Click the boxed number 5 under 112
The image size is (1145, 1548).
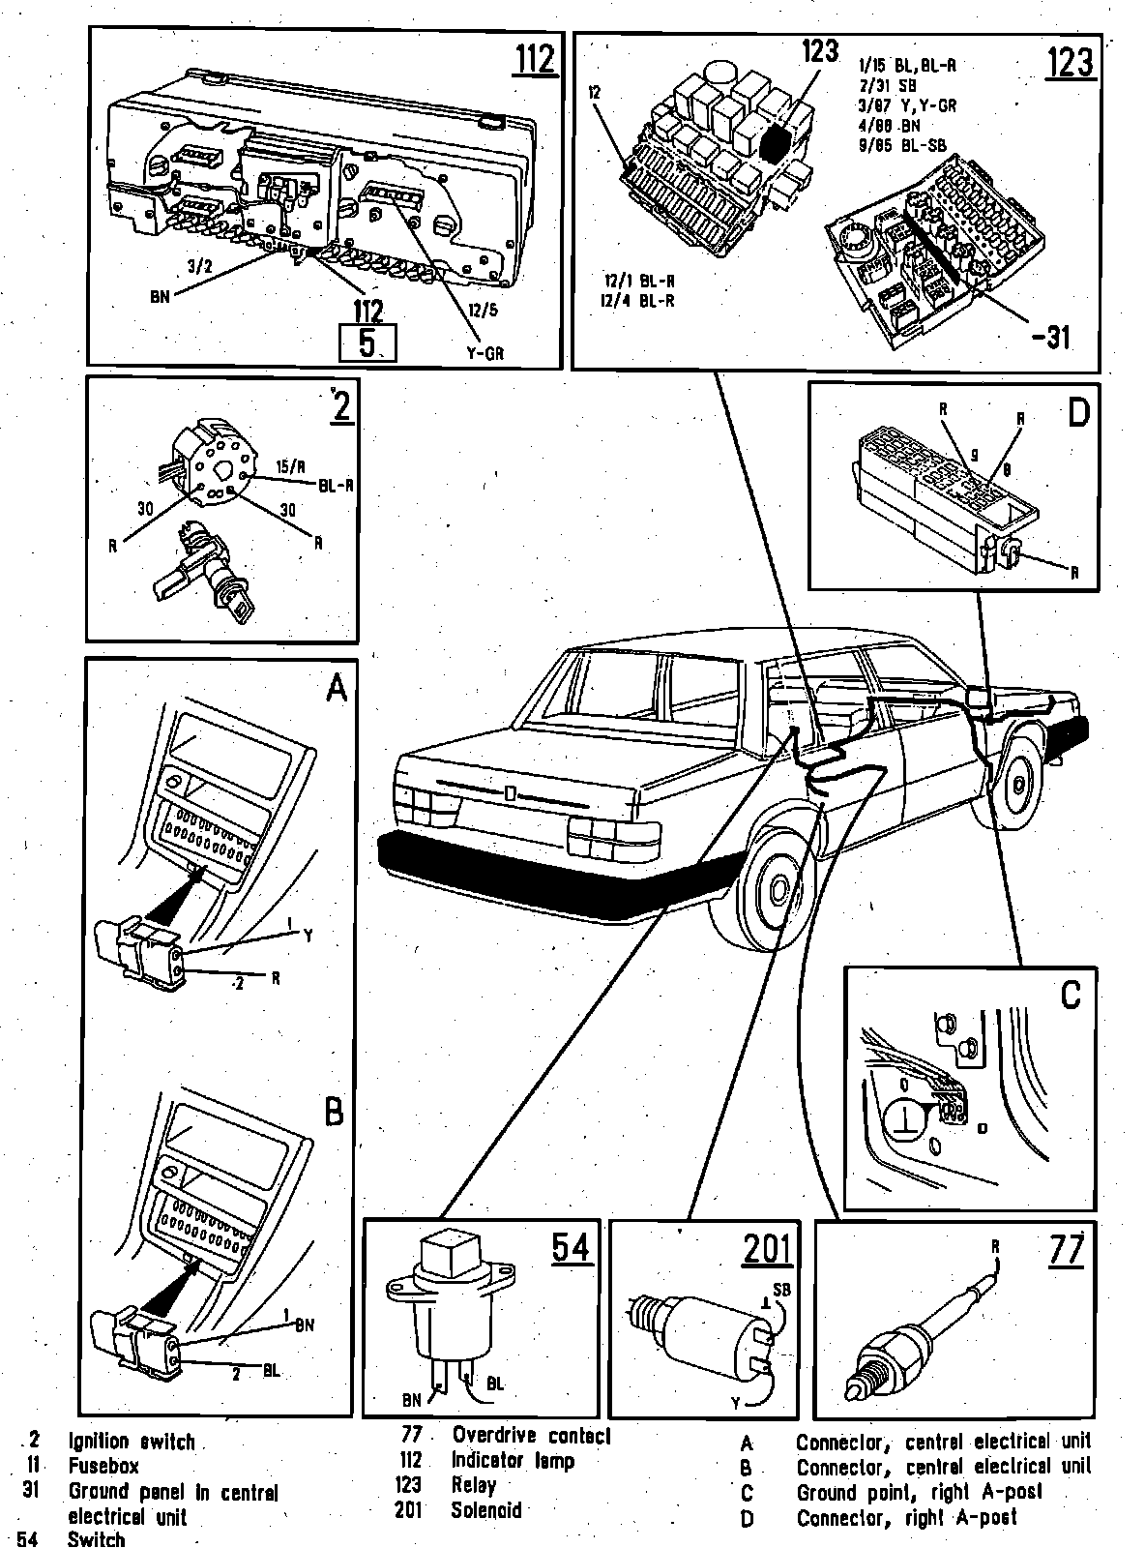[x=367, y=342]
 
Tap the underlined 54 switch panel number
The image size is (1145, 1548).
[x=572, y=1248]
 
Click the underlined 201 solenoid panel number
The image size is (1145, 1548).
[x=767, y=1250]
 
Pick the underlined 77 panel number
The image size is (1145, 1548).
[x=1065, y=1250]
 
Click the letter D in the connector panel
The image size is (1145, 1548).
[x=1077, y=413]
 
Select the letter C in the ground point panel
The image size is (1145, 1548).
[x=1070, y=996]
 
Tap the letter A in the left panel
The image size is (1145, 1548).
[x=335, y=688]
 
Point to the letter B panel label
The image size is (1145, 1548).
[x=334, y=1113]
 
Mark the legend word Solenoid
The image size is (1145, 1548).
[x=486, y=1510]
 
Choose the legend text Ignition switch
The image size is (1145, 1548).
[x=132, y=1442]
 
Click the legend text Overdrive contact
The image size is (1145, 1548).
[x=531, y=1436]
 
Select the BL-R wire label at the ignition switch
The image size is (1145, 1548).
[x=335, y=484]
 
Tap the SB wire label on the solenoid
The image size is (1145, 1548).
[x=781, y=1290]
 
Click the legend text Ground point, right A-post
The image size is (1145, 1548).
[x=919, y=1492]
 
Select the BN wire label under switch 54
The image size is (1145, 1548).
[x=411, y=1399]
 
